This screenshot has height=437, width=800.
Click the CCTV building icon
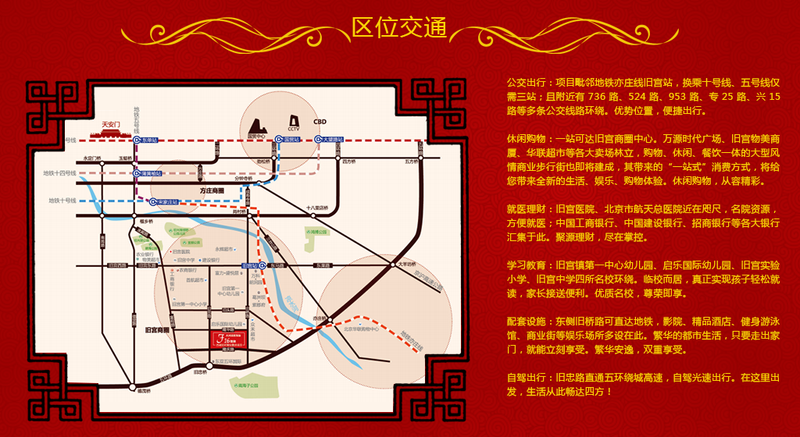tap(294, 123)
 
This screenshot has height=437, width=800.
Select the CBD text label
tap(320, 122)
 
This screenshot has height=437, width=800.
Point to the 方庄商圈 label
tap(211, 190)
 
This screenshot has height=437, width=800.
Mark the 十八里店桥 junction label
tap(317, 208)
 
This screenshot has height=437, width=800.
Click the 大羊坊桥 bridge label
tap(403, 264)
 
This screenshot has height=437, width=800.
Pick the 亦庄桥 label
tap(320, 318)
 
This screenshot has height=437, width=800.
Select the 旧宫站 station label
tap(250, 265)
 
